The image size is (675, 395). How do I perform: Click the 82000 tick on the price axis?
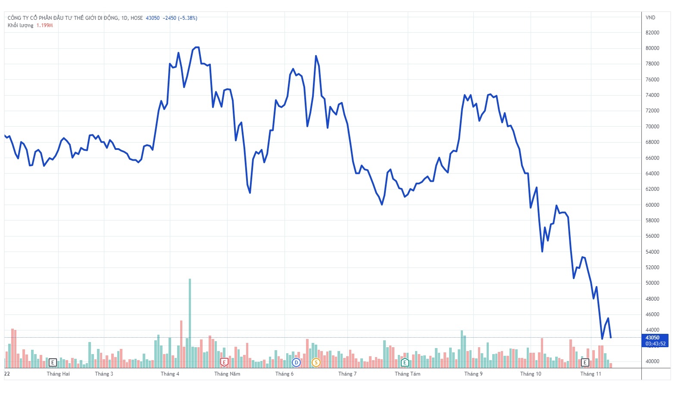[x=652, y=33]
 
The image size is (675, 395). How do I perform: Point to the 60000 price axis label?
[x=652, y=205]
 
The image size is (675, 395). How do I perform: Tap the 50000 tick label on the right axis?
[x=652, y=283]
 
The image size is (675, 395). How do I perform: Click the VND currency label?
[x=650, y=18]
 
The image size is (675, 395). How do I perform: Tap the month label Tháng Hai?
[x=58, y=374]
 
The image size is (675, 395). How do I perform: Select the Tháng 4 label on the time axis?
[x=170, y=374]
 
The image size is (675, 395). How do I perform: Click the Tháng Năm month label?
[x=227, y=374]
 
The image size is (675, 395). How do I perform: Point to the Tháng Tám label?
[x=407, y=374]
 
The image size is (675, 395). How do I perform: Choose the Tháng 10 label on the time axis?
[x=531, y=374]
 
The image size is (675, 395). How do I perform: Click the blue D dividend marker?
[x=296, y=362]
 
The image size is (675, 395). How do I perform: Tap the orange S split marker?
[x=316, y=362]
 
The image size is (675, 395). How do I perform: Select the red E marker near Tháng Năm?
[x=224, y=362]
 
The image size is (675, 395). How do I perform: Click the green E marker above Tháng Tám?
[x=405, y=362]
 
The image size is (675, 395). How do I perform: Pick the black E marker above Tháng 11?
[x=585, y=362]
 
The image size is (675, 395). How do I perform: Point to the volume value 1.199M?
[x=44, y=25]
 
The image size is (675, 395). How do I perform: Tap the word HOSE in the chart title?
[x=137, y=18]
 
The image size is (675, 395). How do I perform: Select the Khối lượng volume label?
[x=20, y=25]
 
